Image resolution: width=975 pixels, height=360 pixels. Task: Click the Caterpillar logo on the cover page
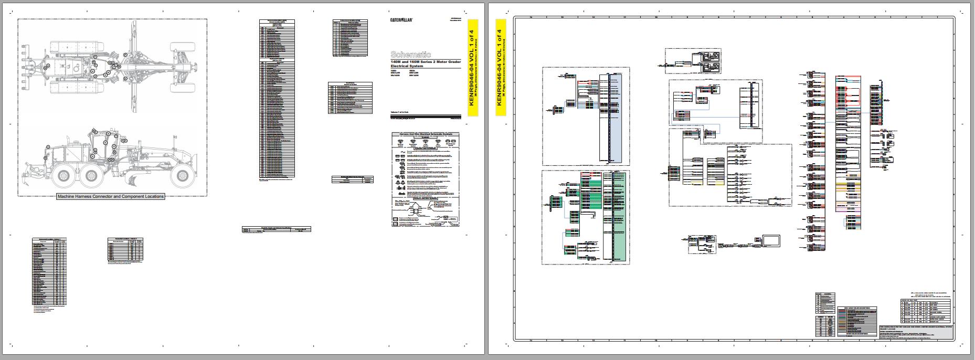401,20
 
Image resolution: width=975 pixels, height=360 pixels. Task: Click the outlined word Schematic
411,55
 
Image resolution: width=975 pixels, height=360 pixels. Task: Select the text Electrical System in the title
407,66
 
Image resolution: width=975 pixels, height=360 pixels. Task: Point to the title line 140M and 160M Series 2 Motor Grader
426,62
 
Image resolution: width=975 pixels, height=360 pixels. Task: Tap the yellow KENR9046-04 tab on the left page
472,67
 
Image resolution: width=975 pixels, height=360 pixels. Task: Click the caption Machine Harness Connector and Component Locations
111,196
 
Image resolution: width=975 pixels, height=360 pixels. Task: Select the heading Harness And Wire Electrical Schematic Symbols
426,134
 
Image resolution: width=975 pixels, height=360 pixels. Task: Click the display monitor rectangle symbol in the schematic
772,241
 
